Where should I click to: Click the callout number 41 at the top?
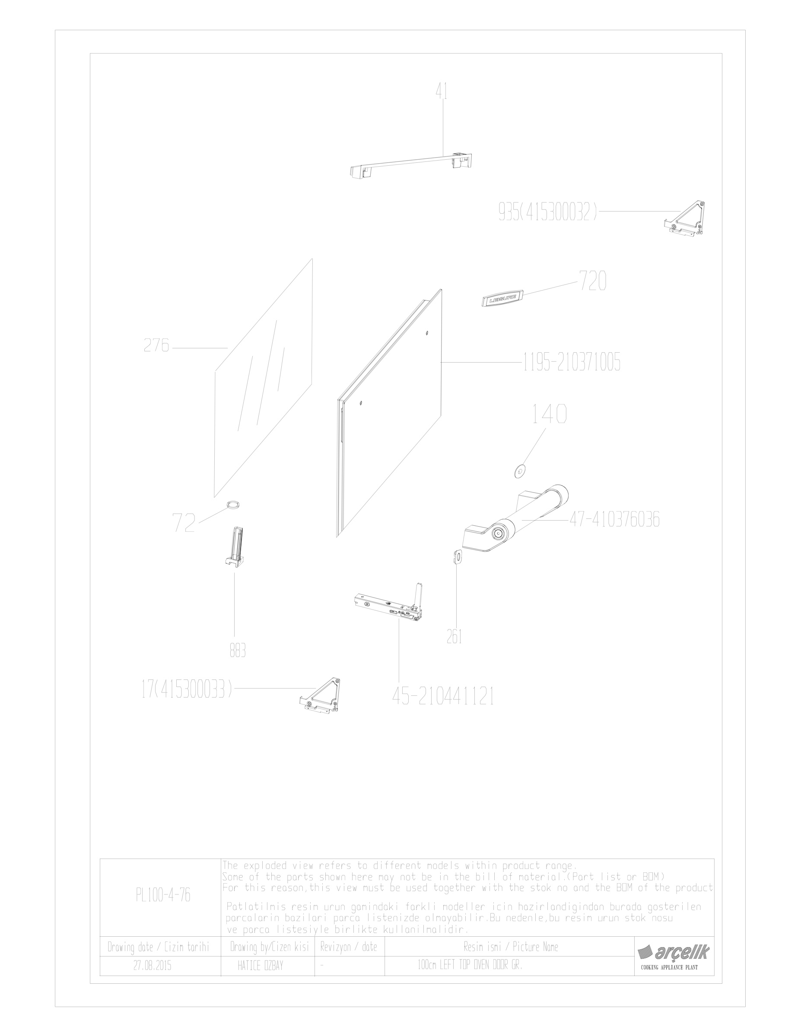(x=442, y=91)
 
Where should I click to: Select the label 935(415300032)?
(x=547, y=212)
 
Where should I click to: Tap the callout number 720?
(x=593, y=281)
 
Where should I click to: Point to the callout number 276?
(x=156, y=345)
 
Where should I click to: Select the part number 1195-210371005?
(x=572, y=363)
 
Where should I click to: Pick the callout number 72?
(x=184, y=523)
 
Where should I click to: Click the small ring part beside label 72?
(x=233, y=505)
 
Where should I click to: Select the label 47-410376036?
(x=614, y=520)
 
